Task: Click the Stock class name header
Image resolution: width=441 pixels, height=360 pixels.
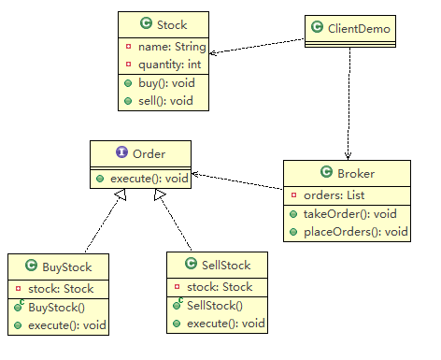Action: point(170,23)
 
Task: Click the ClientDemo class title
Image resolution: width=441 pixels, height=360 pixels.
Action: point(356,28)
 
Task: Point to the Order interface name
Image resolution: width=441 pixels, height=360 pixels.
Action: point(148,153)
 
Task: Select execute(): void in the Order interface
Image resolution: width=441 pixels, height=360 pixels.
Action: point(148,176)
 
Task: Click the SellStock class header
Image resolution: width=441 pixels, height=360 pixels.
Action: point(225,265)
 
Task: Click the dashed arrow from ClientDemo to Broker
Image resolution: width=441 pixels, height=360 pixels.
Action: point(349,103)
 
